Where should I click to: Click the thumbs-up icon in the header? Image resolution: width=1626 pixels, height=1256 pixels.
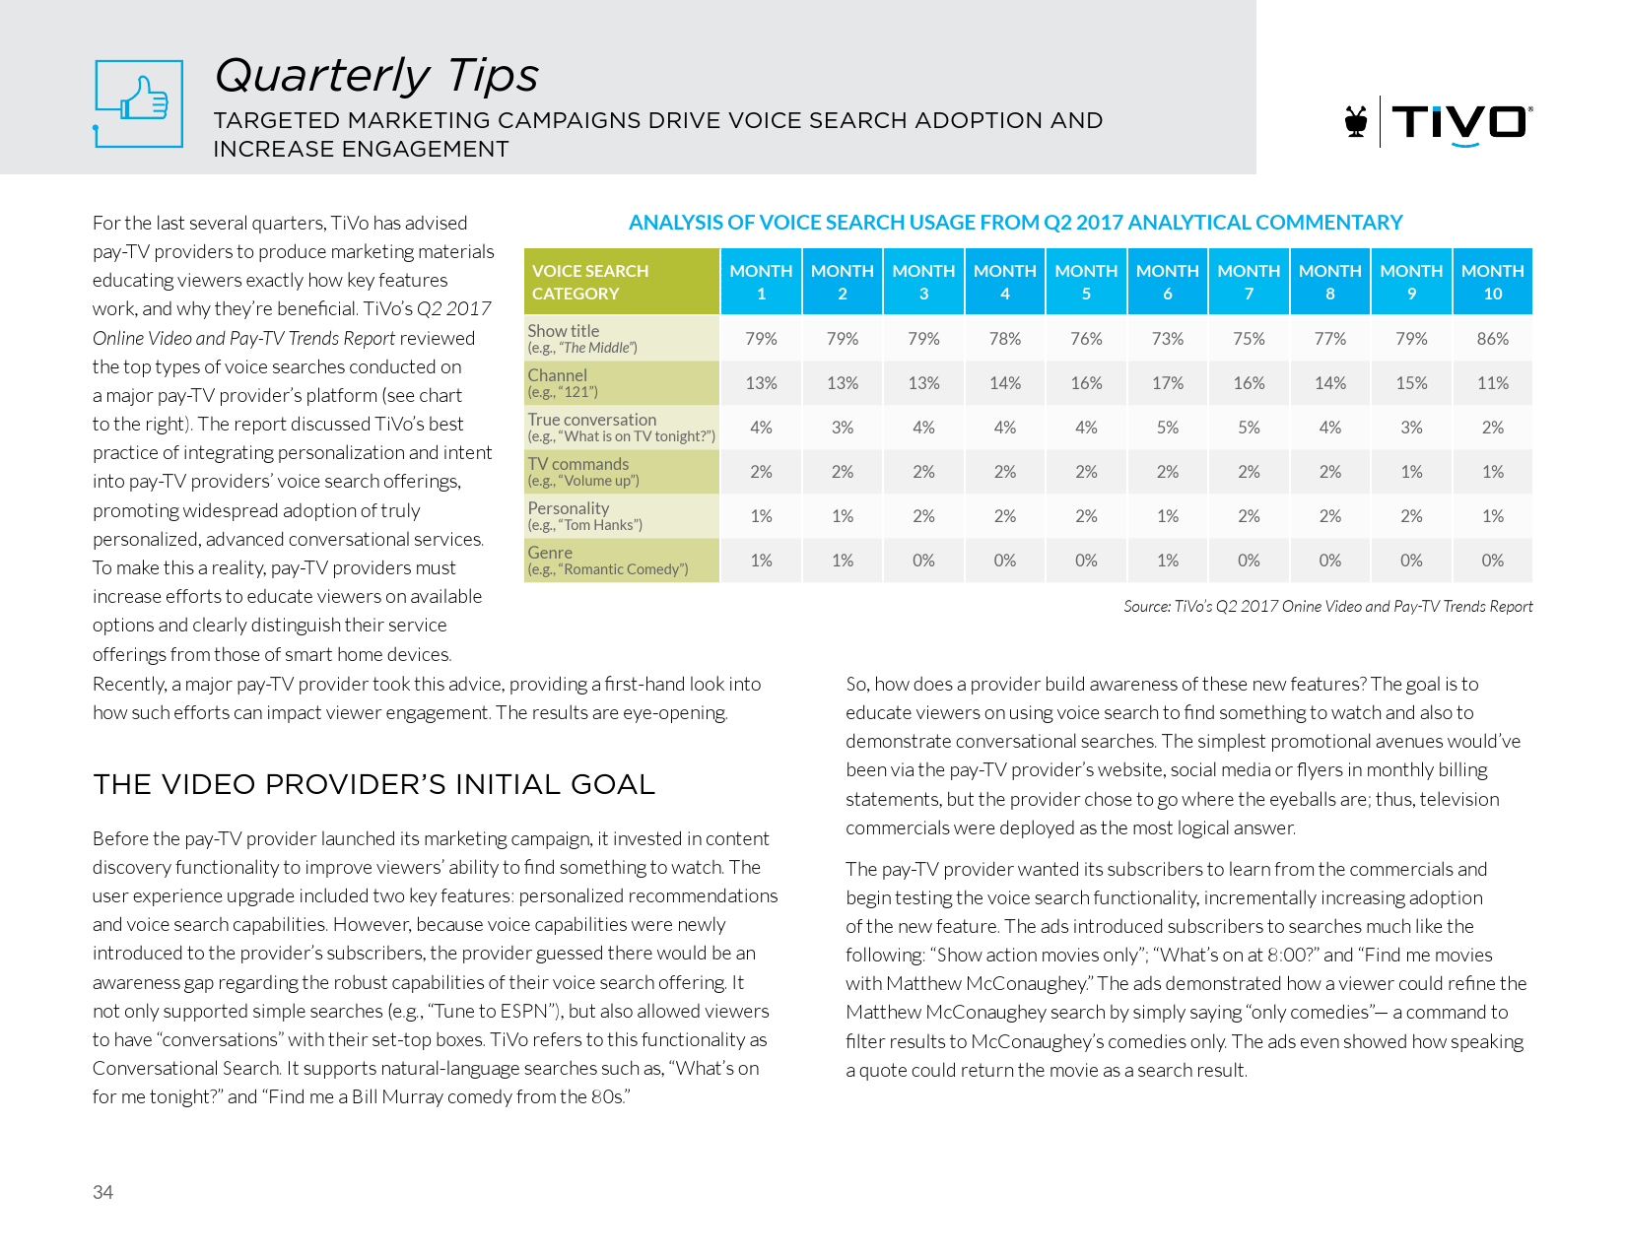pos(139,102)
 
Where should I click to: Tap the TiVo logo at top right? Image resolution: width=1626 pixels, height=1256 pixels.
pos(1439,122)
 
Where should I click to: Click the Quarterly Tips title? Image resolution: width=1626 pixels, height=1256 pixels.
pos(376,76)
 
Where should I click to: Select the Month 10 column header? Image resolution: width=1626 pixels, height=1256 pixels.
pos(1492,282)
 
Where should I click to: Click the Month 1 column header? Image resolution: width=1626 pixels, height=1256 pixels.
pos(761,282)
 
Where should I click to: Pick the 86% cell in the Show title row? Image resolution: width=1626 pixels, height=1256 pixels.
pos(1492,339)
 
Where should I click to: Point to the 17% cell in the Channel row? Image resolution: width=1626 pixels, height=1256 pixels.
pos(1168,383)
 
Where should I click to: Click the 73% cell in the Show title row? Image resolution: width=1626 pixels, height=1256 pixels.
pos(1168,339)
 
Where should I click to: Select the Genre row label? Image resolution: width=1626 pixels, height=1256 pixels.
pos(607,561)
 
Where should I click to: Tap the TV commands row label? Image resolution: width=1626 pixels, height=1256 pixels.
pos(583,472)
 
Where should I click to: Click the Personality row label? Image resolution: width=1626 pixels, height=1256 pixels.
pos(584,516)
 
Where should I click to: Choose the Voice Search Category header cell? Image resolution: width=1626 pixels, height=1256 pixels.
pos(621,282)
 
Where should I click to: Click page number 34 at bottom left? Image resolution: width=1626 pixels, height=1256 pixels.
pos(102,1192)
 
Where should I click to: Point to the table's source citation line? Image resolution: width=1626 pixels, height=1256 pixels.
pos(1327,607)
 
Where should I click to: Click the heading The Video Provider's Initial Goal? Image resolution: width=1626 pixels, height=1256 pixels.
pos(373,784)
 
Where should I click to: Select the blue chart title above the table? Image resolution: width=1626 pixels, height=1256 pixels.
pos(1015,223)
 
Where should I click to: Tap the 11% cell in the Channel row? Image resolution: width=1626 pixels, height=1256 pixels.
pos(1492,383)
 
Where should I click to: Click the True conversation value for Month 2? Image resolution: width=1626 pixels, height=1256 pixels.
pos(843,428)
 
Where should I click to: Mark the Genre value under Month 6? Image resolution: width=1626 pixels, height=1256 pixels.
pos(1168,561)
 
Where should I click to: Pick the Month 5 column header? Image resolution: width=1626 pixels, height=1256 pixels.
pos(1086,282)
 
